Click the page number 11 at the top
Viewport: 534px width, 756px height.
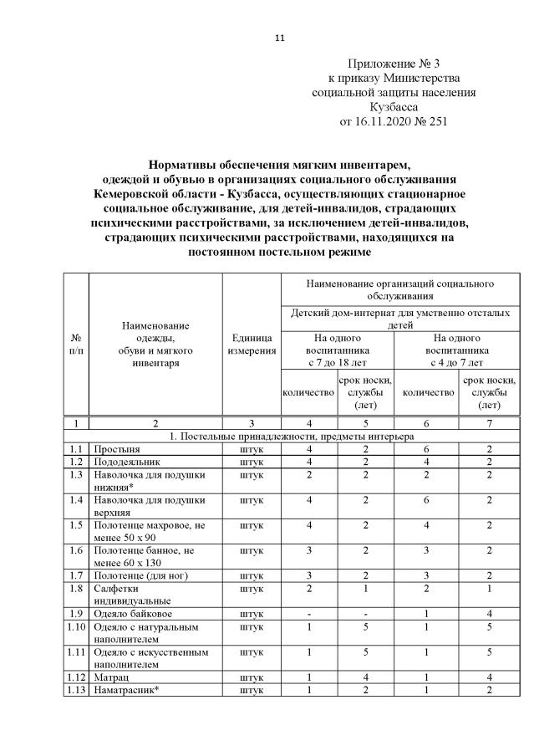point(280,38)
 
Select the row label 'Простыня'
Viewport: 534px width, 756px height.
point(117,449)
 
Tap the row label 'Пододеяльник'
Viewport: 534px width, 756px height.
point(126,462)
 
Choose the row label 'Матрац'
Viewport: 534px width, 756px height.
point(110,677)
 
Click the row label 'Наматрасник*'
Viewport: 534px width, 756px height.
point(126,689)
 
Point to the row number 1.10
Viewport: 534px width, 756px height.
point(76,627)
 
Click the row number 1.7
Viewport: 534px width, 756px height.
point(76,576)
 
